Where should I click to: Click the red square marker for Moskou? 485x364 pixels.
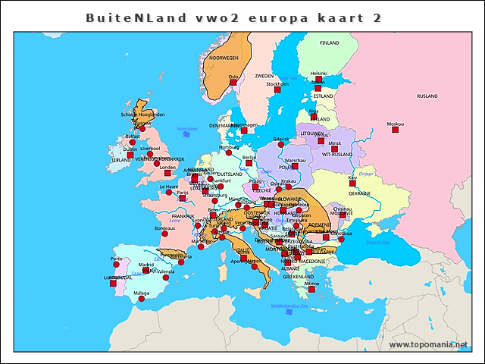(x=395, y=130)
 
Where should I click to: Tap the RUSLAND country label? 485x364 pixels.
(x=427, y=96)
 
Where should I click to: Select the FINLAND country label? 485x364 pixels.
(x=330, y=43)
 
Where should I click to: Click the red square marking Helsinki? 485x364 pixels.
(x=319, y=79)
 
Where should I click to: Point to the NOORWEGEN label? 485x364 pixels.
(x=224, y=58)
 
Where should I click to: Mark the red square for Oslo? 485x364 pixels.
(x=233, y=82)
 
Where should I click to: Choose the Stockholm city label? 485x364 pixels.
(x=278, y=84)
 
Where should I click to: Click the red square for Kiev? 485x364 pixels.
(x=352, y=183)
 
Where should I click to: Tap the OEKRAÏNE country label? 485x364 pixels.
(x=359, y=193)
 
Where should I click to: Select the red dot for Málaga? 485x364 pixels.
(x=141, y=299)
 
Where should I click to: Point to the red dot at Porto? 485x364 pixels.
(x=117, y=265)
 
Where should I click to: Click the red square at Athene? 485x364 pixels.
(x=311, y=289)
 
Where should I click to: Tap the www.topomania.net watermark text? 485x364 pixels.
(x=428, y=345)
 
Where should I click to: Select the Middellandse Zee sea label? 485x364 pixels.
(x=289, y=306)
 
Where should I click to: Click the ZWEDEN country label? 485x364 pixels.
(x=264, y=77)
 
